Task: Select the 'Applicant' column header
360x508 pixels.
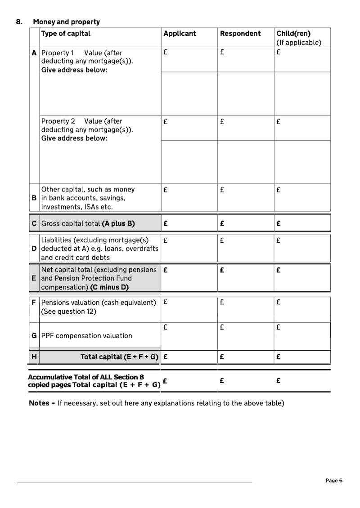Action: (x=180, y=33)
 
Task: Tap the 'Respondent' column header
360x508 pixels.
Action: (x=240, y=33)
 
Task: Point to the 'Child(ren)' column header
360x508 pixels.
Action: (x=293, y=33)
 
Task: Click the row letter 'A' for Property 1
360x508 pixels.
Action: (x=34, y=53)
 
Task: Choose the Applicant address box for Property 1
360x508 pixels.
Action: (x=189, y=94)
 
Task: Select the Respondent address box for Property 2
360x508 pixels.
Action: (x=246, y=162)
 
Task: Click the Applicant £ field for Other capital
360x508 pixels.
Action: (x=189, y=197)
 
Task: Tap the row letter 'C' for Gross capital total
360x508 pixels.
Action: (x=34, y=223)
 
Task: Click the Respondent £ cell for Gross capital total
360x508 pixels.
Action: (x=246, y=223)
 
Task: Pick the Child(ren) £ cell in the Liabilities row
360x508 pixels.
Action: (x=302, y=248)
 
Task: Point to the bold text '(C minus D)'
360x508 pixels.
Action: (x=109, y=287)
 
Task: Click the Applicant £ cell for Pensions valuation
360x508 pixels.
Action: (x=189, y=309)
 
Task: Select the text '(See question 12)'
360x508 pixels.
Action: (x=68, y=311)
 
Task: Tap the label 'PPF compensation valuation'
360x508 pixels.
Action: (x=86, y=335)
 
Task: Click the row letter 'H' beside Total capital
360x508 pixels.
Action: (x=34, y=357)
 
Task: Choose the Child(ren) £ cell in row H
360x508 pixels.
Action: (x=302, y=357)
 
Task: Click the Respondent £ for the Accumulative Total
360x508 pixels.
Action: (x=246, y=381)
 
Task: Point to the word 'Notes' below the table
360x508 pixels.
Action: (x=39, y=403)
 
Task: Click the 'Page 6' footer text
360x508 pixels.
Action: (x=334, y=481)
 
